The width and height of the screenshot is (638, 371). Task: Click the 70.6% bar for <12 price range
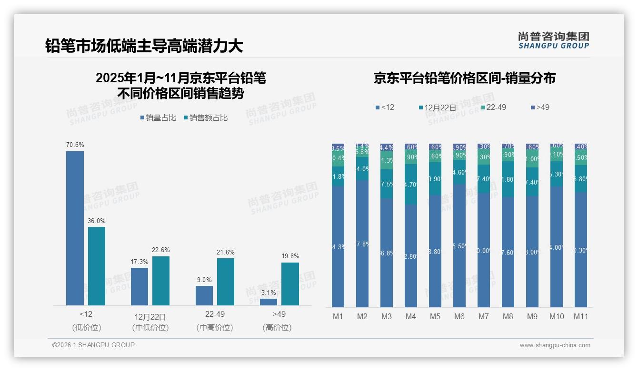point(75,228)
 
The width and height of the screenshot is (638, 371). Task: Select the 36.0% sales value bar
point(97,266)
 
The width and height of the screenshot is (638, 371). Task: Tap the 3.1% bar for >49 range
point(268,302)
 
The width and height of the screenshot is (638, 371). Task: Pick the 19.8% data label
point(290,256)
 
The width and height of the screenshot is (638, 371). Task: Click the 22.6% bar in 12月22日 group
point(161,281)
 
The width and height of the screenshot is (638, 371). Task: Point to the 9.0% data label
point(204,280)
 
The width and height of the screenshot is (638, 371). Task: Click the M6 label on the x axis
point(459,316)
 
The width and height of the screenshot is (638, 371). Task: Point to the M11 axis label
point(580,316)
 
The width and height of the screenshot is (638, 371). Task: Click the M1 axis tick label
point(338,316)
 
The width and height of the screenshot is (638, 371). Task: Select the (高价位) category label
point(277,328)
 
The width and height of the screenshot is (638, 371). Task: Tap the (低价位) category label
point(86,328)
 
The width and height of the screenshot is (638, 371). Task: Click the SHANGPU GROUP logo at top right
point(553,40)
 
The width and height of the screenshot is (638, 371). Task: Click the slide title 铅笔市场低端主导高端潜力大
point(144,46)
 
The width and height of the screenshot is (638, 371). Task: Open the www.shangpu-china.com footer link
point(555,345)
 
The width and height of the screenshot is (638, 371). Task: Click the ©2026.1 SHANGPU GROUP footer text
point(93,345)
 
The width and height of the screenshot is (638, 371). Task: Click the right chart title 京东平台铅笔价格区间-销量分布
point(464,78)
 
